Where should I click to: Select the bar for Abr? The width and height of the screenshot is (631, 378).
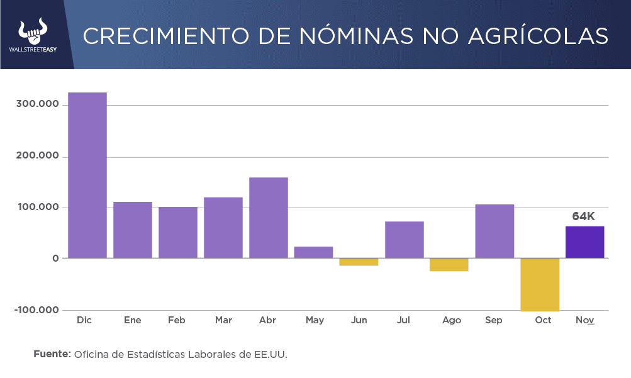pyautogui.click(x=269, y=218)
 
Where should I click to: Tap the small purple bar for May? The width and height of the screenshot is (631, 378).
pyautogui.click(x=313, y=252)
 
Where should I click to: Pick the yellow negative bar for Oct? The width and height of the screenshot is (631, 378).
pyautogui.click(x=540, y=284)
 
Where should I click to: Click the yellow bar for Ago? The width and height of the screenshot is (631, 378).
pyautogui.click(x=449, y=265)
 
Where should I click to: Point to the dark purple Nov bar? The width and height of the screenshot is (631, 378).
pyautogui.click(x=584, y=242)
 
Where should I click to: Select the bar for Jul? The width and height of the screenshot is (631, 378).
pyautogui.click(x=404, y=240)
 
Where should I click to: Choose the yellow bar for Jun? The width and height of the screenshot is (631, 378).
pyautogui.click(x=359, y=262)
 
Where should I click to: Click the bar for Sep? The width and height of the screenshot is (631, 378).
pyautogui.click(x=494, y=231)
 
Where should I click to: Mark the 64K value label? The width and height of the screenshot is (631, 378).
pyautogui.click(x=583, y=216)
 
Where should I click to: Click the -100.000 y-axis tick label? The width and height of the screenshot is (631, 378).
pyautogui.click(x=36, y=310)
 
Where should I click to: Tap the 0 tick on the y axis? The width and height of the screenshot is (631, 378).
pyautogui.click(x=56, y=258)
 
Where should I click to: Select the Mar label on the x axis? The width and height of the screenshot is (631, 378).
pyautogui.click(x=223, y=320)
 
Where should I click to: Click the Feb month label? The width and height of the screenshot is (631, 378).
pyautogui.click(x=177, y=320)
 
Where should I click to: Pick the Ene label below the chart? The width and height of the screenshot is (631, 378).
pyautogui.click(x=132, y=320)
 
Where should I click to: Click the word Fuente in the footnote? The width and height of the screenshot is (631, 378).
pyautogui.click(x=52, y=354)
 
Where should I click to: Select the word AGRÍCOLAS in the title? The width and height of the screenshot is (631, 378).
pyautogui.click(x=539, y=36)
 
